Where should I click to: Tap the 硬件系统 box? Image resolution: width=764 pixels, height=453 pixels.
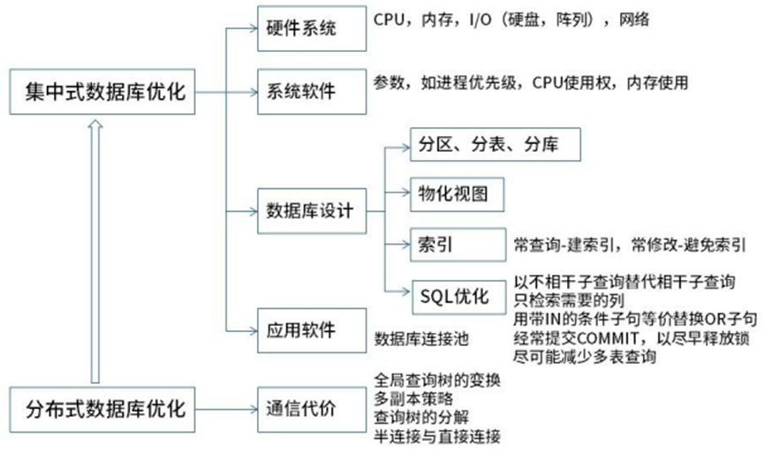pos(300,29)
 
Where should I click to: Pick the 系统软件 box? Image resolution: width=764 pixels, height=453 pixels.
pos(300,91)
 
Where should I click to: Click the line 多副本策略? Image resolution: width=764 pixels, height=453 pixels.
pos(412,397)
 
